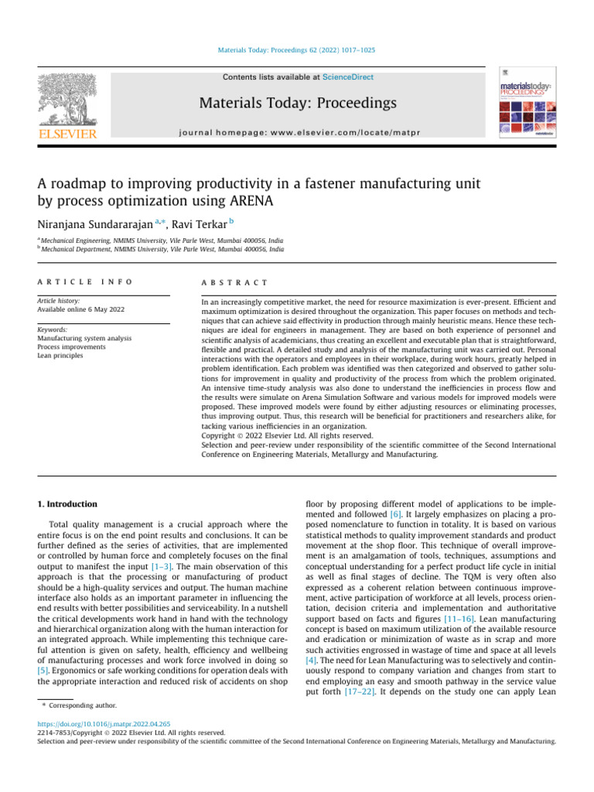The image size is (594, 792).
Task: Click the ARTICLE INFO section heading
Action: pos(84,283)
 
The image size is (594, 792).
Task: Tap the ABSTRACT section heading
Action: pos(234,283)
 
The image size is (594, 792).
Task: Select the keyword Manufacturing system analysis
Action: pos(84,338)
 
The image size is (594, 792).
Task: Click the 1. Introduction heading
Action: pos(68,504)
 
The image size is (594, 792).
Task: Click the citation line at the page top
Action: pos(297,50)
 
